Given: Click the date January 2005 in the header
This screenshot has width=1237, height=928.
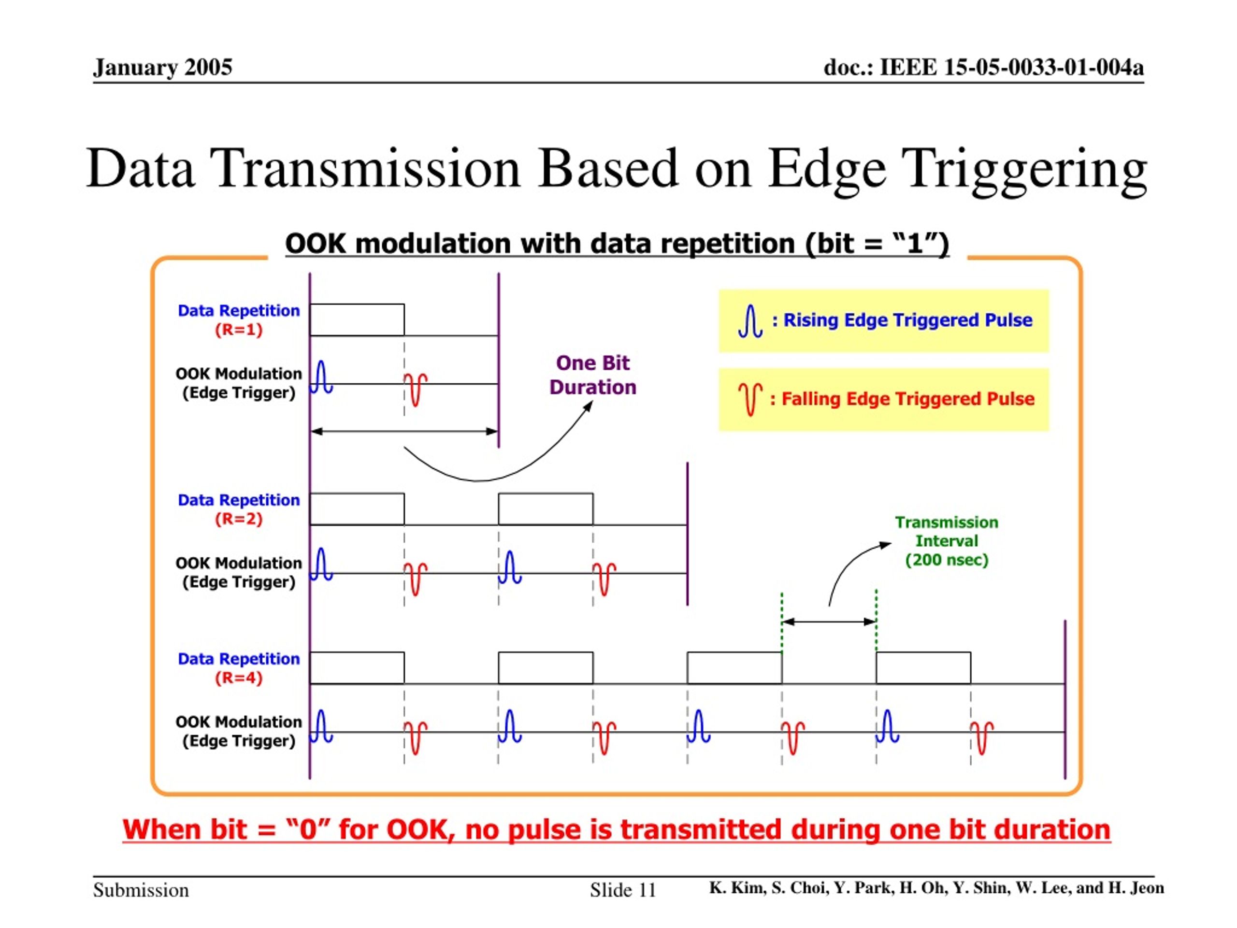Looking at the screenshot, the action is tap(162, 67).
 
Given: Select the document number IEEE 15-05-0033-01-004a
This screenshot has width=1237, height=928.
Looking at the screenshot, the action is tap(1012, 67).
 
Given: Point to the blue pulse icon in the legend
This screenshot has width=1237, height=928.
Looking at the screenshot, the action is tap(750, 321).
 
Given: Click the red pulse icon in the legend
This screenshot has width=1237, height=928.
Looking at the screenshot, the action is tap(750, 399).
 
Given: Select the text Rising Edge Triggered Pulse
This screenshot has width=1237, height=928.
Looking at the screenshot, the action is tap(907, 320).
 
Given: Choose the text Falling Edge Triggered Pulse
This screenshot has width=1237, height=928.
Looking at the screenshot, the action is tap(907, 399).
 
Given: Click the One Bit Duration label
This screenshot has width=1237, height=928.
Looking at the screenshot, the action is tap(593, 375).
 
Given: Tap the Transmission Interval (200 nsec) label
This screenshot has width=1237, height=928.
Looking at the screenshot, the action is tap(946, 541).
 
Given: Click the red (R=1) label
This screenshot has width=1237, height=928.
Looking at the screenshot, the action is tap(239, 330).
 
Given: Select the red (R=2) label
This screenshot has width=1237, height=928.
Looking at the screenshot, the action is tap(239, 519).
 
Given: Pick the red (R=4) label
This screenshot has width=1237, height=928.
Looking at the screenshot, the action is tap(239, 678).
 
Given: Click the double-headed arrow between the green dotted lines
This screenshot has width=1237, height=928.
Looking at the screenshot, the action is tap(829, 622).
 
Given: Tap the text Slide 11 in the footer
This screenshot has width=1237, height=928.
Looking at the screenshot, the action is tap(623, 890).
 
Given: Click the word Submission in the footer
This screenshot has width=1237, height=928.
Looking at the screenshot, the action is tap(141, 890).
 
